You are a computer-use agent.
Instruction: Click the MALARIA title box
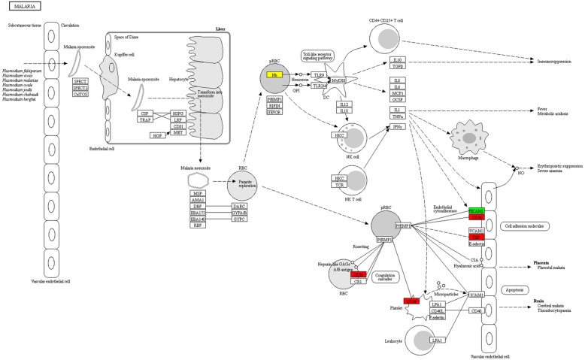pyautogui.click(x=21, y=6)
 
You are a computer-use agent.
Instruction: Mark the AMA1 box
pyautogui.click(x=199, y=199)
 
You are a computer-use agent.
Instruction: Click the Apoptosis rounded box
pyautogui.click(x=520, y=289)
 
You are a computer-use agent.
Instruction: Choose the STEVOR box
pyautogui.click(x=274, y=111)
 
